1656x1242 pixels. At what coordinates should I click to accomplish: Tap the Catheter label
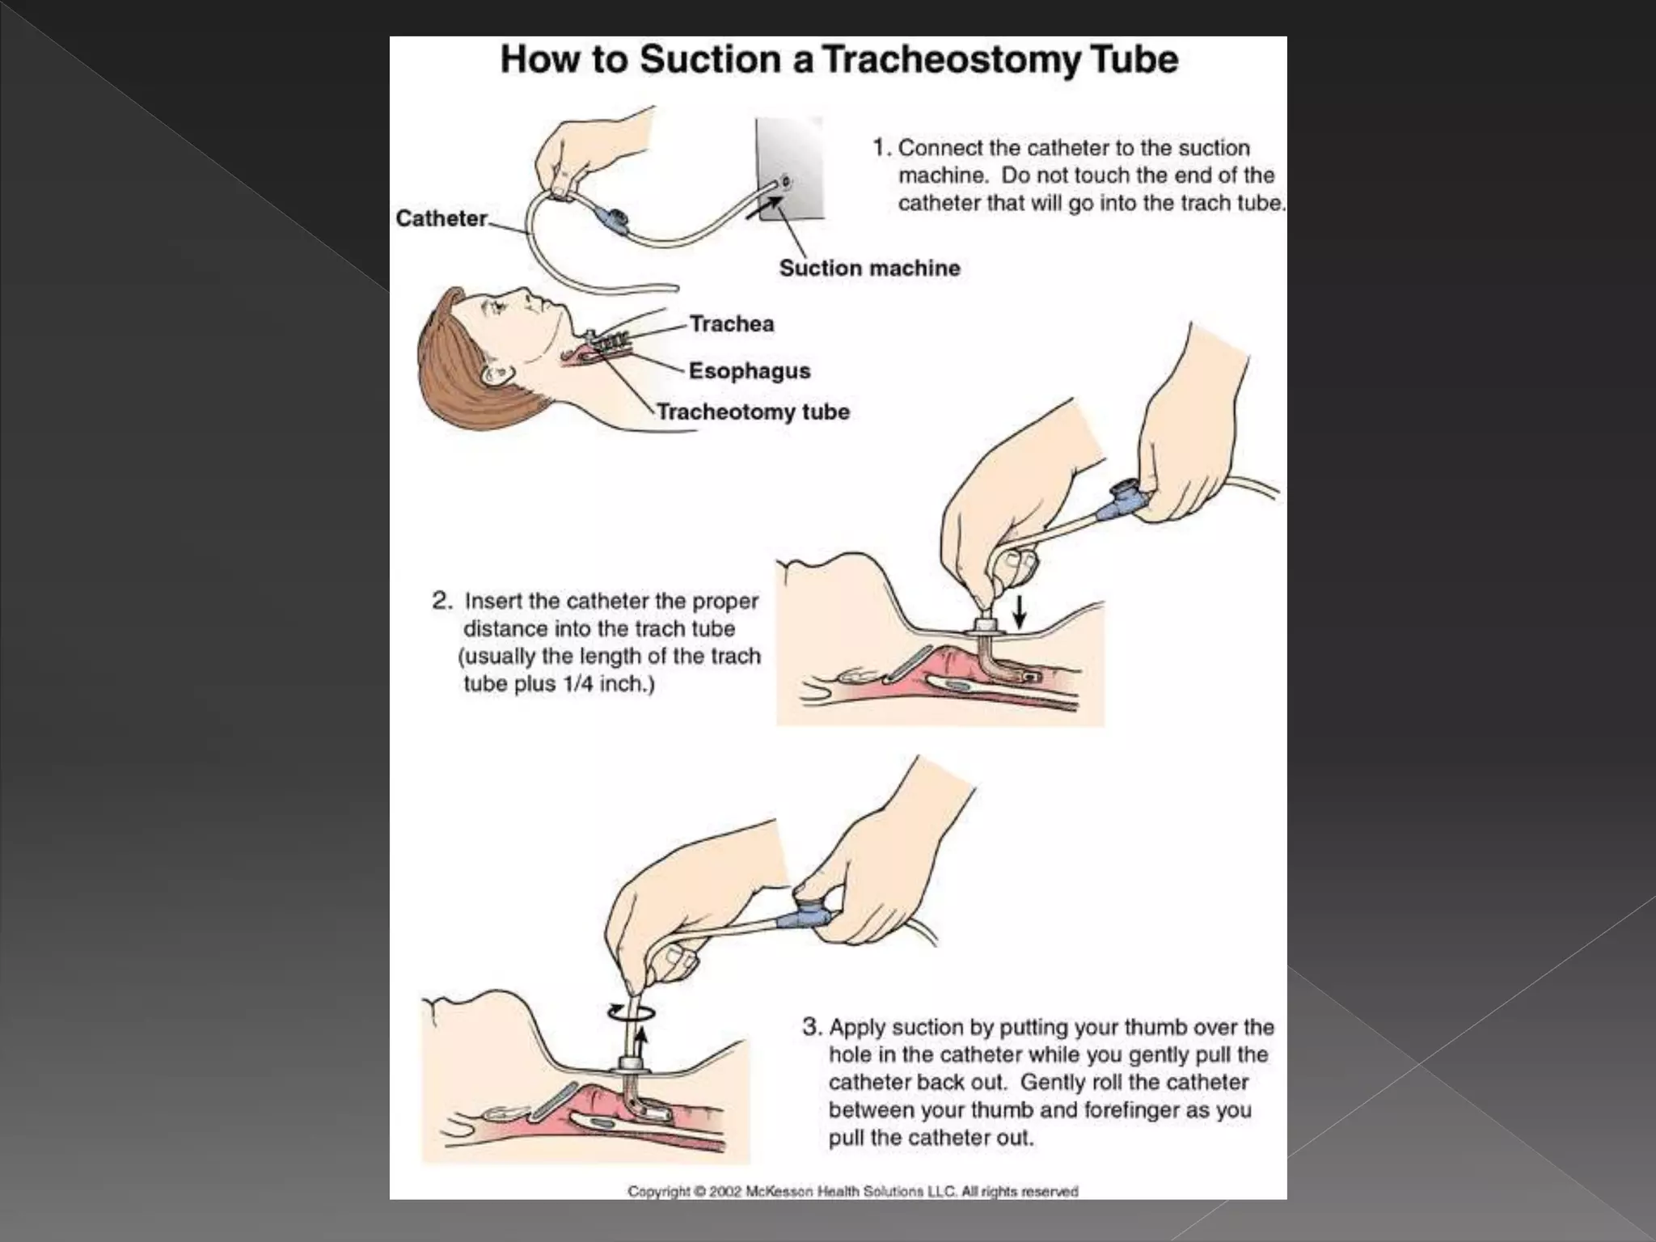(441, 218)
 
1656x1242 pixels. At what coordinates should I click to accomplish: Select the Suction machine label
(869, 268)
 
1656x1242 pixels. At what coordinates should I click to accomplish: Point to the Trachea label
(732, 323)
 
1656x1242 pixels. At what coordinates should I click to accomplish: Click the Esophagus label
(749, 371)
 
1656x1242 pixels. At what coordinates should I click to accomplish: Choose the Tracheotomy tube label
(753, 412)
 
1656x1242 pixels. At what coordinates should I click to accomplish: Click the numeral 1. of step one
(881, 148)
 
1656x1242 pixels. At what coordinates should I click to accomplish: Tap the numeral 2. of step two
(442, 601)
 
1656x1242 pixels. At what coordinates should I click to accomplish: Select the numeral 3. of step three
(812, 1027)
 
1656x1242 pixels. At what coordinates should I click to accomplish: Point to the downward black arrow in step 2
(1020, 612)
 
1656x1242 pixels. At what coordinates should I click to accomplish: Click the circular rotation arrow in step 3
(630, 1012)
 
